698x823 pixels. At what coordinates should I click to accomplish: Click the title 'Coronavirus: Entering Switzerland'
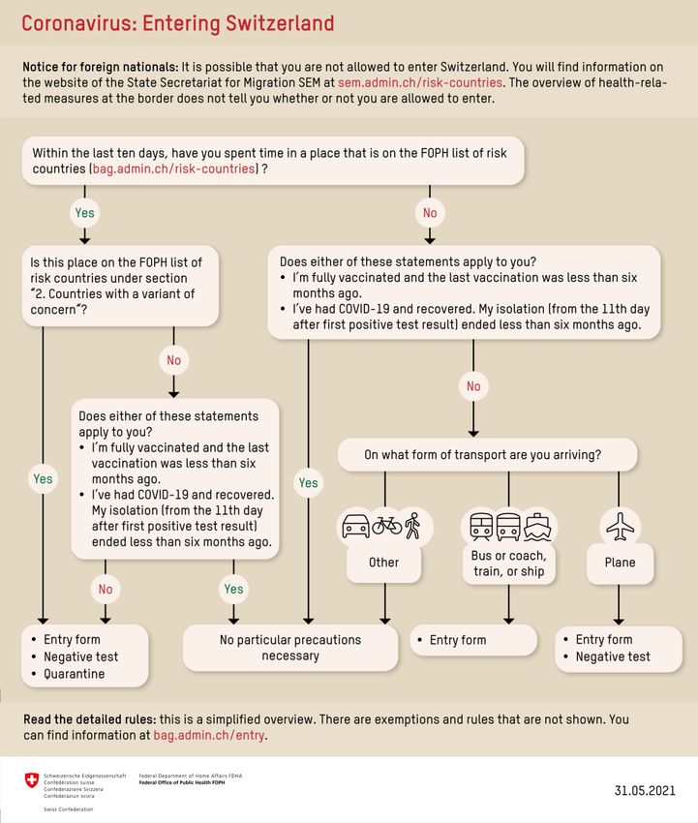[x=177, y=24]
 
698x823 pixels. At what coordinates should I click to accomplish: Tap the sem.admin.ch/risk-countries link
[x=420, y=83]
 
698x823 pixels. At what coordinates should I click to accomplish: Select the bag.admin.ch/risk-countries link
[x=173, y=169]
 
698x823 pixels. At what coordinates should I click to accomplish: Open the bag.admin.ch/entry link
[x=209, y=735]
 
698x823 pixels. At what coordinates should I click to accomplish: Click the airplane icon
[x=620, y=527]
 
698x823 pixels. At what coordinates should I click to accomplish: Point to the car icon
[x=355, y=526]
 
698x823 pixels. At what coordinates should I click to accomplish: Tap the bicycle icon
[x=387, y=525]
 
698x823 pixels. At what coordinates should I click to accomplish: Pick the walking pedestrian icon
[x=413, y=526]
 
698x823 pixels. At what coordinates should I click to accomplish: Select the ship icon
[x=538, y=527]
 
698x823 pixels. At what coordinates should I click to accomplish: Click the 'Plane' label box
[x=620, y=563]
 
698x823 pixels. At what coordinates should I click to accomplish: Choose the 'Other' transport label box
[x=383, y=563]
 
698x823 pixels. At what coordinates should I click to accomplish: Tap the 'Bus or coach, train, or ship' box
[x=508, y=564]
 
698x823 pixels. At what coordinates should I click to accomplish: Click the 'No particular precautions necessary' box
[x=290, y=648]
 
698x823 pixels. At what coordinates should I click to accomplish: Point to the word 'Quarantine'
[x=74, y=674]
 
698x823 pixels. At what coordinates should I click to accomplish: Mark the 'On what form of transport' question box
[x=488, y=454]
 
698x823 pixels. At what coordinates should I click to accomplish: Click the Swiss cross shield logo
[x=32, y=780]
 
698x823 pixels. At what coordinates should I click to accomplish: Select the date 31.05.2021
[x=645, y=790]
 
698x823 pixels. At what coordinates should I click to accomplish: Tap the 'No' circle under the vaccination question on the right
[x=473, y=386]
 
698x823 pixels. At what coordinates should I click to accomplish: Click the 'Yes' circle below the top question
[x=84, y=213]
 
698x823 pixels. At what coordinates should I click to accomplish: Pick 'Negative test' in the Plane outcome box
[x=613, y=656]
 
